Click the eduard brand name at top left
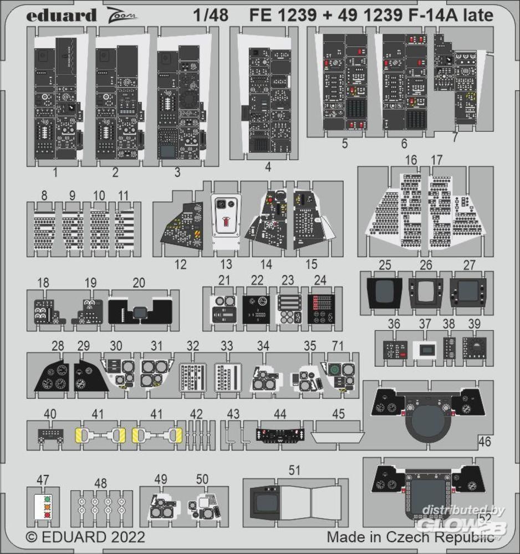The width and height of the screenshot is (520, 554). coord(61,16)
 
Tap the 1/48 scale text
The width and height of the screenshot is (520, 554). coord(211,16)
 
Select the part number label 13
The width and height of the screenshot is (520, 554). coord(226,264)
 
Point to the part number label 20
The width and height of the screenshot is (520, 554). coord(139,283)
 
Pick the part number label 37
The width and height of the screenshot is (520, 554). coord(425,324)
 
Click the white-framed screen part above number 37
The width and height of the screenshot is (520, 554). coord(425,350)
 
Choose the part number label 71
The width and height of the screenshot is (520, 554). coord(338,346)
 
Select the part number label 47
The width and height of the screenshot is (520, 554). coord(42,479)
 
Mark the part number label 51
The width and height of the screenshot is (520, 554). coord(294,470)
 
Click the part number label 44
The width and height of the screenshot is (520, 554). coord(280,414)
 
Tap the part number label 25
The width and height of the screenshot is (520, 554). coord(385,265)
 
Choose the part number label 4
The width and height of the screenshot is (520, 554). coord(268,166)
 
